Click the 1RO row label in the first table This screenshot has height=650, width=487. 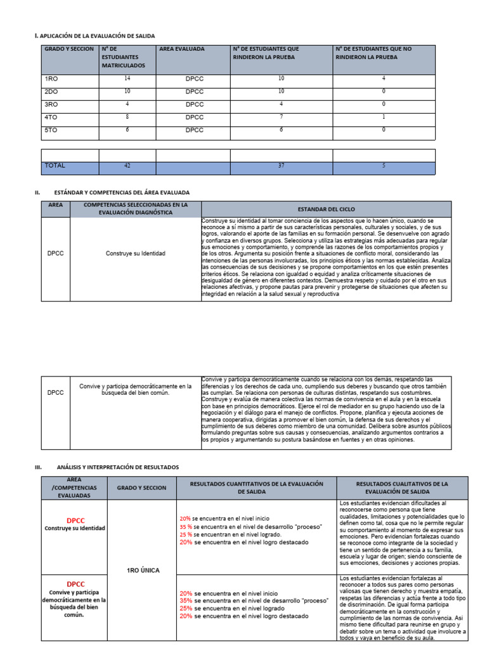tap(51, 79)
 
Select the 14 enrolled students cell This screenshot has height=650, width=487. tap(127, 79)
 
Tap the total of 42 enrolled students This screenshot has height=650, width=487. tap(127, 166)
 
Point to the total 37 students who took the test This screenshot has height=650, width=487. tap(281, 166)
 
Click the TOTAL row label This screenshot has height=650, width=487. tap(55, 166)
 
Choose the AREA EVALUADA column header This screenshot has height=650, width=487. tap(182, 49)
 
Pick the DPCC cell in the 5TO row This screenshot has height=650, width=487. tap(194, 129)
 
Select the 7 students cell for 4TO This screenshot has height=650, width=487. tap(281, 117)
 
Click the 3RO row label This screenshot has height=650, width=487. tap(51, 104)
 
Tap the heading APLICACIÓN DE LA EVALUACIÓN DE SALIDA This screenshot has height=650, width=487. tap(97, 36)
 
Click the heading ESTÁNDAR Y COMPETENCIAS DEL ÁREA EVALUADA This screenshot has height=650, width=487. tap(122, 192)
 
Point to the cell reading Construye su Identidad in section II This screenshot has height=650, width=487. tap(135, 253)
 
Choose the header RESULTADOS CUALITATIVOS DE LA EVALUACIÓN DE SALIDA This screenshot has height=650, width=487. tap(402, 487)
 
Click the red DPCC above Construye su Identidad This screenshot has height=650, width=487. tap(75, 520)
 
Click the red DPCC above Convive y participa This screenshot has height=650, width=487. tap(75, 583)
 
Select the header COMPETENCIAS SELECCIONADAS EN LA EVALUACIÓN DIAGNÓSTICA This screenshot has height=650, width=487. tap(136, 209)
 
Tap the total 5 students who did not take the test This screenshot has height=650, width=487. tap(384, 166)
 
